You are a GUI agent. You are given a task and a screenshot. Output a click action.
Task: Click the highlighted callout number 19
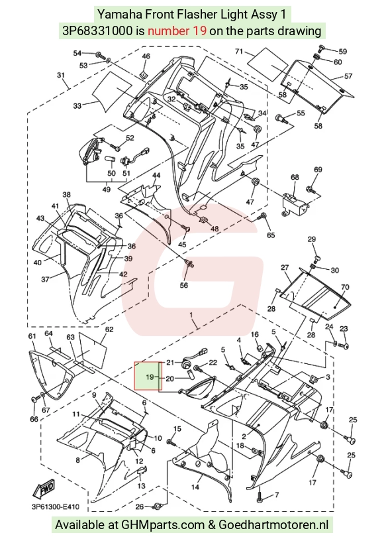[150, 377]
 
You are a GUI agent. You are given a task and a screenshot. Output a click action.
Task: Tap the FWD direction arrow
[43, 489]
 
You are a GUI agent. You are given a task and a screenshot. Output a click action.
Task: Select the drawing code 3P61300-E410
[55, 507]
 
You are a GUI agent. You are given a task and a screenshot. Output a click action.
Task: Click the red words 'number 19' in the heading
[177, 31]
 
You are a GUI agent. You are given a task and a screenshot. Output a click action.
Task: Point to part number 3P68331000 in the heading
[97, 31]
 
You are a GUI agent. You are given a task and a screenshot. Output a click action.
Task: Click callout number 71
[239, 52]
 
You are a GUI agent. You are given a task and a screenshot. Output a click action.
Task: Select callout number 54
[77, 53]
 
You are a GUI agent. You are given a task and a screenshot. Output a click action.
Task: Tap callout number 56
[184, 285]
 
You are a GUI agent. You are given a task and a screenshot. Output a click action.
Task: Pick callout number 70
[345, 286]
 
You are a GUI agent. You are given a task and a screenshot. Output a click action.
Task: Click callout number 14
[195, 487]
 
